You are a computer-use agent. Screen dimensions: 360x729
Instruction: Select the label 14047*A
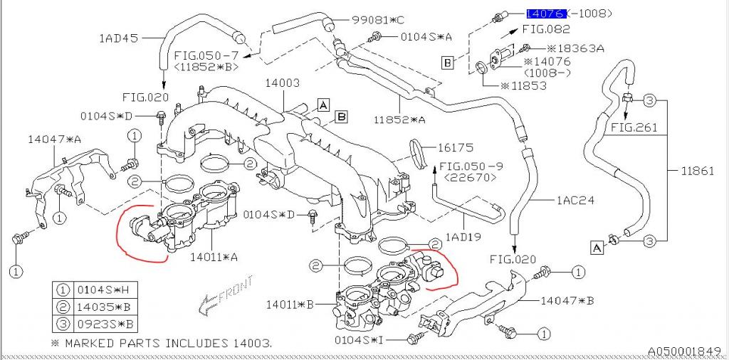(x=54, y=140)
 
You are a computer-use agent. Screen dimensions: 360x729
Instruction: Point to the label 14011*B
(x=290, y=305)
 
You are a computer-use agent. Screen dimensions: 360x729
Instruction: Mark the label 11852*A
(x=400, y=120)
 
